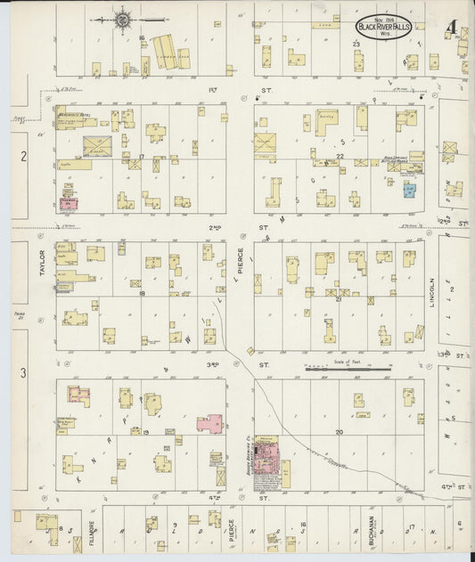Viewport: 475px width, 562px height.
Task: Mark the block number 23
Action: (x=355, y=44)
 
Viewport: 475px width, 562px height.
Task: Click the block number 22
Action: (x=340, y=157)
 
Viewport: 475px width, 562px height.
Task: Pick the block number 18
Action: (x=141, y=293)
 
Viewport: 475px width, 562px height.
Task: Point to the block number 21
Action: (x=339, y=300)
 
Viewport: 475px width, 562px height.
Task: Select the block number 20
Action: (x=339, y=431)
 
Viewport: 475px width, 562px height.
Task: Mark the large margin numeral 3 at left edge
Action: (x=24, y=371)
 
